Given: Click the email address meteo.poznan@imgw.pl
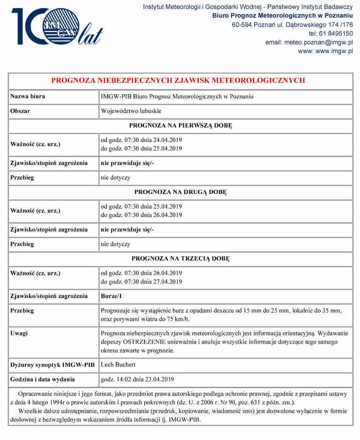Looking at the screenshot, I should (318, 42).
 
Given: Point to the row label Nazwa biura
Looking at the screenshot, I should (28, 97).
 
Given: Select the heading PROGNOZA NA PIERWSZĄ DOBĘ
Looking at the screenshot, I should (180, 126).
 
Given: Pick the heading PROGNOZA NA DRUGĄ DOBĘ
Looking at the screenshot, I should (180, 192).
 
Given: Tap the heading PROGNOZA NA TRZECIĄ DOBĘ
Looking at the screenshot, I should (180, 259).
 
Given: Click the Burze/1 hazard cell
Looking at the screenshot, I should (111, 296).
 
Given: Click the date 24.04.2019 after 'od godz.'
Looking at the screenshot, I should (168, 140).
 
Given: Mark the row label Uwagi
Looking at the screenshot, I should (19, 333).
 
